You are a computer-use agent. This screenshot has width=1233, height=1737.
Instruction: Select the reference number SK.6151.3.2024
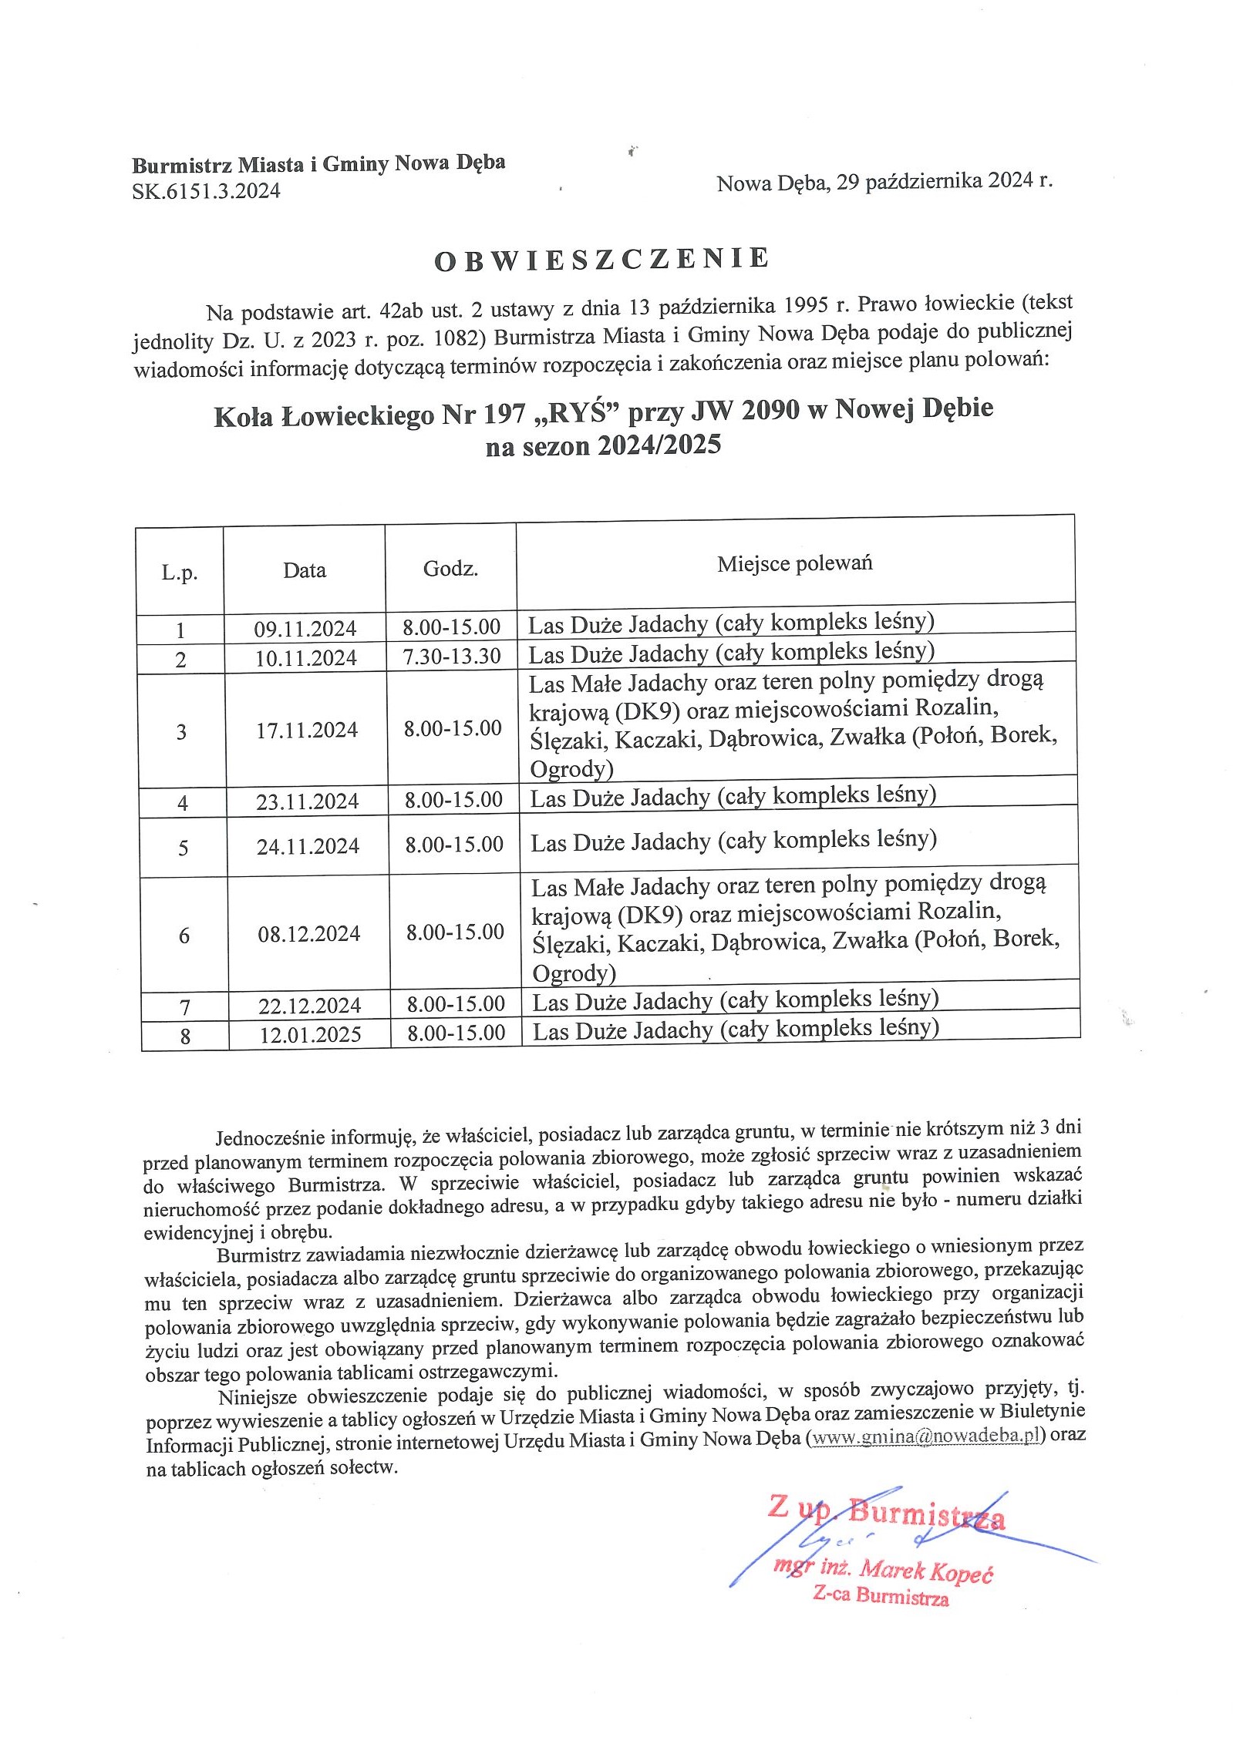click(206, 191)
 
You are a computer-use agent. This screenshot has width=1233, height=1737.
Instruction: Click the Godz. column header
click(450, 569)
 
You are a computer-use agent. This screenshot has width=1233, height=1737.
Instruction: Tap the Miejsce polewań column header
click(794, 563)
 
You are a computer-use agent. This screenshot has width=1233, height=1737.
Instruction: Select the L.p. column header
click(180, 573)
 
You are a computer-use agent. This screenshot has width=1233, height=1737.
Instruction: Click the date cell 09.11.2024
click(305, 629)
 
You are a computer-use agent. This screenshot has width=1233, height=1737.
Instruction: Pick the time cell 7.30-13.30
click(452, 656)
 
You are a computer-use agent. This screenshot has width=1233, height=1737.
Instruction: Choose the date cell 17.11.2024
click(307, 730)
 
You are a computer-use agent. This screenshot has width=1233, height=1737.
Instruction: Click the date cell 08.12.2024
click(309, 934)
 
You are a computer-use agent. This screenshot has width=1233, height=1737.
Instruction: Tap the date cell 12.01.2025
click(310, 1034)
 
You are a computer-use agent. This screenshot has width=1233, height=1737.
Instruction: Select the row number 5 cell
click(184, 848)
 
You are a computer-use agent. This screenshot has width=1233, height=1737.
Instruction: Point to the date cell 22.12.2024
click(309, 1005)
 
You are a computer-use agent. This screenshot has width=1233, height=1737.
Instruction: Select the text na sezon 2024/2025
click(603, 445)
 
